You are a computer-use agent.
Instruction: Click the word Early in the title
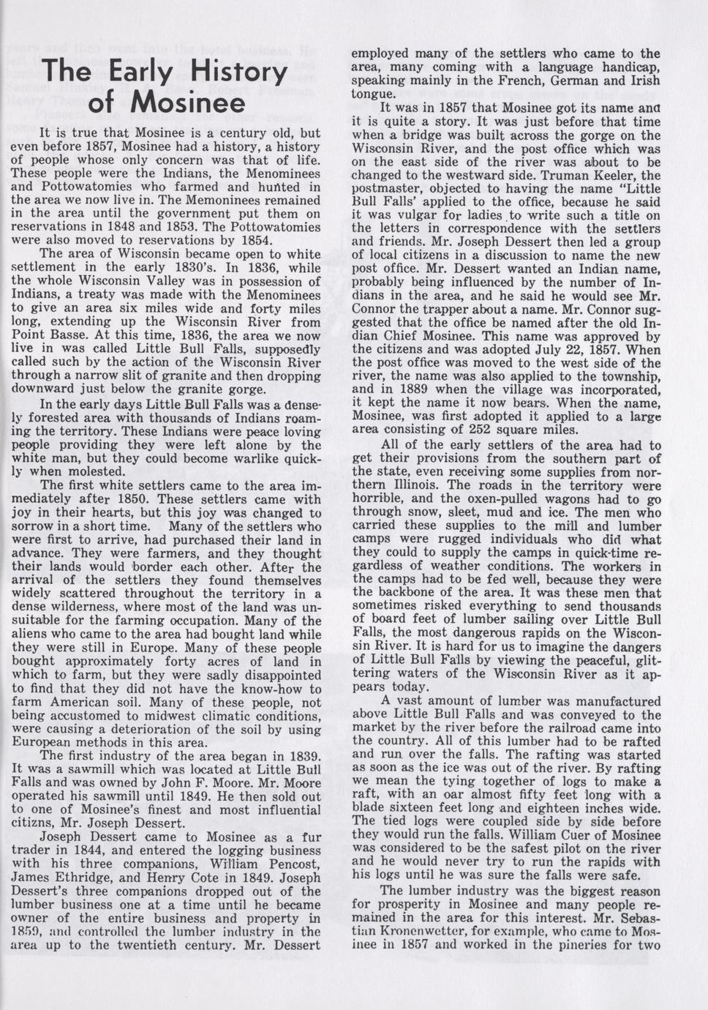138,72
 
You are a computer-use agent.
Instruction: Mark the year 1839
301,755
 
